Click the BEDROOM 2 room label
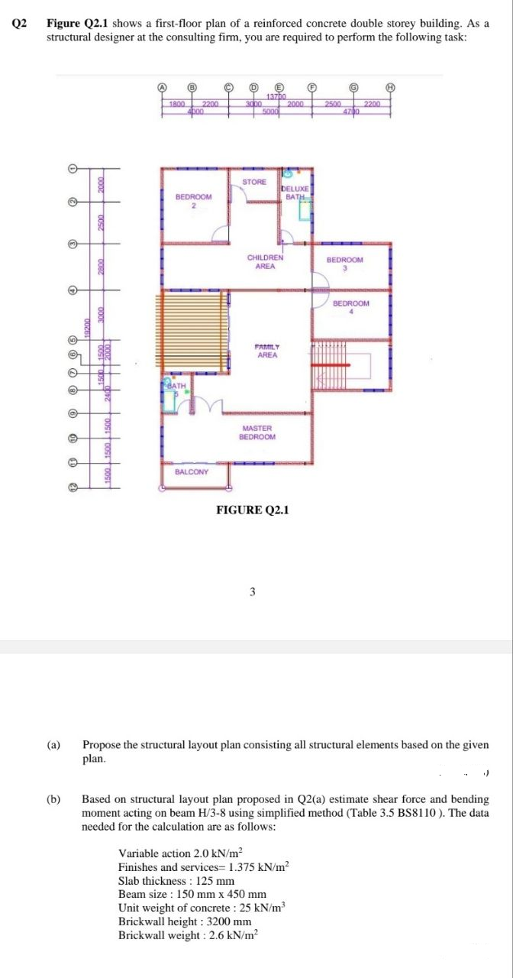(194, 201)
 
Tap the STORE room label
(254, 182)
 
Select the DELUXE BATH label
(295, 193)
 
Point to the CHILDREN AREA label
(265, 262)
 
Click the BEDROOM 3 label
(345, 264)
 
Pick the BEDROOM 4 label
(351, 307)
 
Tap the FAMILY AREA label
(267, 351)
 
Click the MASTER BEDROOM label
(257, 433)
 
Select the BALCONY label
(191, 471)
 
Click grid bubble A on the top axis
(161, 88)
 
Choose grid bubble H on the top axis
(391, 88)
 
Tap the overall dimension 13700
(276, 96)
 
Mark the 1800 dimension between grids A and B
(177, 103)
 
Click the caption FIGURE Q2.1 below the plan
(253, 510)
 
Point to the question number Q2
(19, 23)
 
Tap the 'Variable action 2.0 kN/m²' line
(180, 853)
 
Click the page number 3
(252, 591)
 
